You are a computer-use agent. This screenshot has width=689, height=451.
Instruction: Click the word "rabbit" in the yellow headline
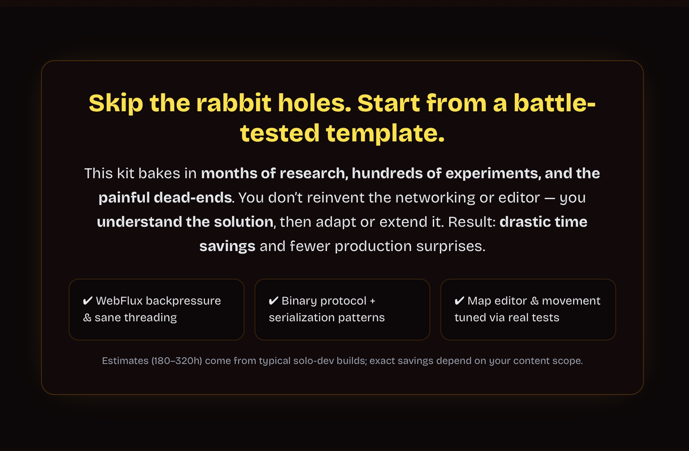[234, 103]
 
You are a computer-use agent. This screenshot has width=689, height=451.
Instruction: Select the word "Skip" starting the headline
[116, 104]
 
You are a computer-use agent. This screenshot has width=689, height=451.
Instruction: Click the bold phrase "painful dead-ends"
[165, 197]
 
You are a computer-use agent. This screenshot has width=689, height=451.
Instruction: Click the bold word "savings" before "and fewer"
[227, 246]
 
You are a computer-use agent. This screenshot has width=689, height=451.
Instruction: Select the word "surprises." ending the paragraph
[451, 246]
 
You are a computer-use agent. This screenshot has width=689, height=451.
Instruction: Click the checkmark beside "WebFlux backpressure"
[87, 300]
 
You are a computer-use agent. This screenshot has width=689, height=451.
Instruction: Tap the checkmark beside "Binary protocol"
[273, 300]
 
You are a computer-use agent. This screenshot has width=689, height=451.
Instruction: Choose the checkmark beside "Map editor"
[459, 300]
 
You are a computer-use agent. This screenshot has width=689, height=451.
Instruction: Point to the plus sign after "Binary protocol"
[373, 301]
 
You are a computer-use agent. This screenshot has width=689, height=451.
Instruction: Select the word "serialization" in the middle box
[301, 318]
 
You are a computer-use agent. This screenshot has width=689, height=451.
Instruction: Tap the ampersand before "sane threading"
[87, 318]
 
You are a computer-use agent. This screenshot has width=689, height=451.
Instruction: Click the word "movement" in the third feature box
[571, 301]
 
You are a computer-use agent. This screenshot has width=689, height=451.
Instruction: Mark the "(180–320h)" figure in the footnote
[177, 361]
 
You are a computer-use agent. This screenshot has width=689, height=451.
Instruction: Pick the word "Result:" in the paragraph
[472, 222]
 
